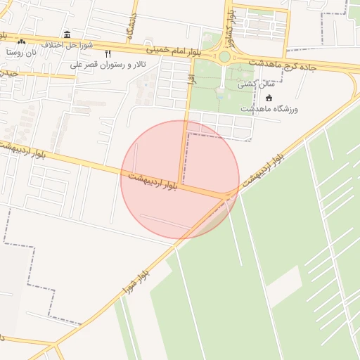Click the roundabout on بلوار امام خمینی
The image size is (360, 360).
(224, 56)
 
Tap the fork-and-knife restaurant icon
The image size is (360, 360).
(108, 53)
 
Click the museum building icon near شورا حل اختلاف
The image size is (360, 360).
(67, 34)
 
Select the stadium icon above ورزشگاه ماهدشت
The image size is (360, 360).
(269, 98)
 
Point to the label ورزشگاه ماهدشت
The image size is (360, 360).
(269, 109)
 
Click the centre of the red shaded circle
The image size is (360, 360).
(180, 179)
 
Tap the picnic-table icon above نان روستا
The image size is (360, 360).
(21, 41)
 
